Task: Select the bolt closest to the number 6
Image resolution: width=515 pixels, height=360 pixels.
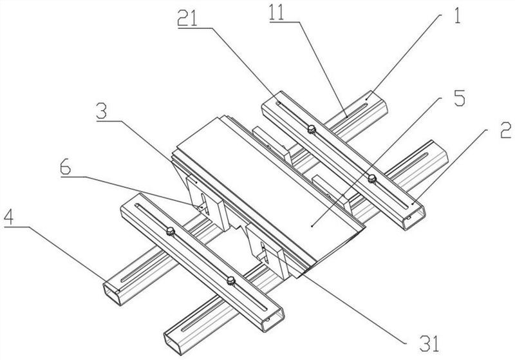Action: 170,230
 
